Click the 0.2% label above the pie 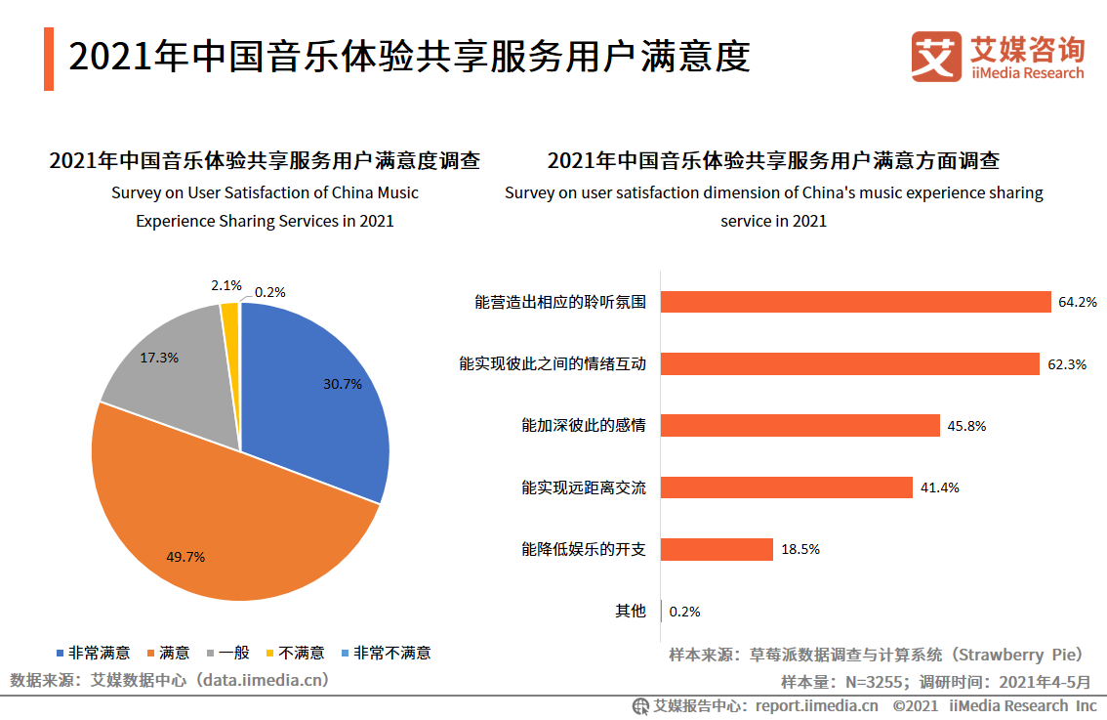click(270, 291)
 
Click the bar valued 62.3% click(850, 364)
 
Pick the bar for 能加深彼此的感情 click(800, 426)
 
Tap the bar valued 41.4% click(787, 487)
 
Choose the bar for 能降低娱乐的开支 click(717, 549)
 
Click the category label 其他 click(630, 611)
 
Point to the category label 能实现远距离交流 click(583, 487)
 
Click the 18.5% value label click(800, 549)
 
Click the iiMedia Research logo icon click(935, 57)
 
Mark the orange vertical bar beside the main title click(48, 60)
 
